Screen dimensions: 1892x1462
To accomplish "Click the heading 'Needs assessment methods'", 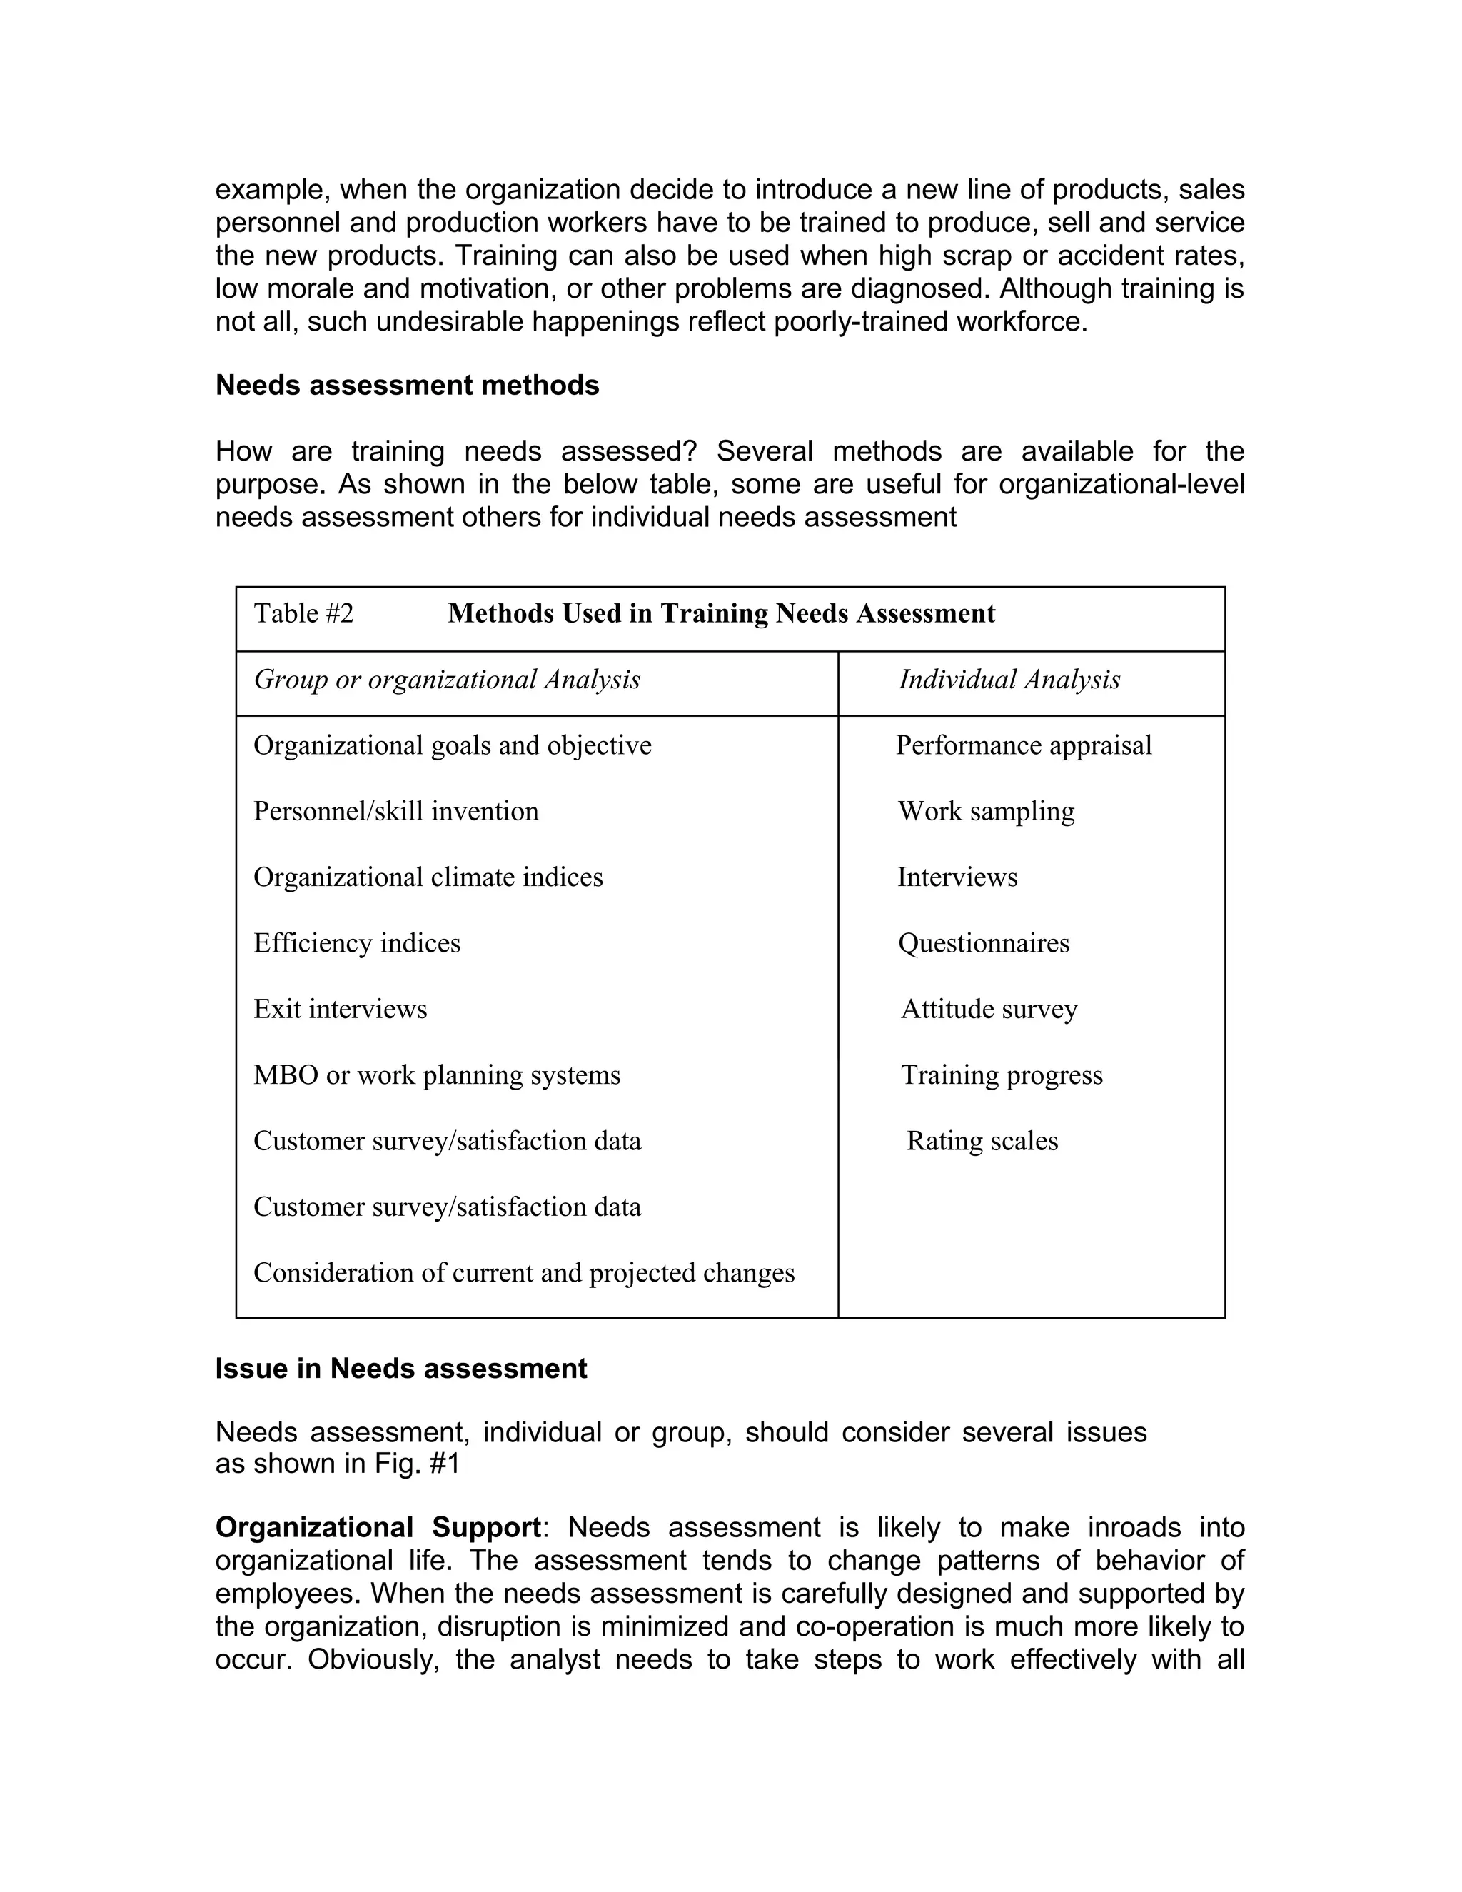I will [407, 386].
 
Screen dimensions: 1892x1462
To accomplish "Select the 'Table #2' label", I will [303, 614].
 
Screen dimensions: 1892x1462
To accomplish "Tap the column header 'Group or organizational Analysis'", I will [447, 680].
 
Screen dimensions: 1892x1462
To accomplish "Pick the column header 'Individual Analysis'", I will [1009, 680].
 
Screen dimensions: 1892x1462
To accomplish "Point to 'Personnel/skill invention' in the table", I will [395, 812].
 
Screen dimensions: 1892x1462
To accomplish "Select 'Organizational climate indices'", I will [428, 877].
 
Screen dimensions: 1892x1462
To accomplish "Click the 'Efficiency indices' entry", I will [357, 943].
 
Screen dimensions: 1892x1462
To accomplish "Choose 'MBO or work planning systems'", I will [436, 1075].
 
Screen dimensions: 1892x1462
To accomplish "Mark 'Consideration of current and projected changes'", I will [524, 1272].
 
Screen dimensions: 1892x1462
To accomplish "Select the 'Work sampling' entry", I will [986, 812].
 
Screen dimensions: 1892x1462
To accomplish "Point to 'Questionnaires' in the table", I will [983, 943].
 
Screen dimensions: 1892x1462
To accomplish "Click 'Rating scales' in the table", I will [982, 1141].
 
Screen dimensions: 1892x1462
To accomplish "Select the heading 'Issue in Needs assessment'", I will [401, 1369].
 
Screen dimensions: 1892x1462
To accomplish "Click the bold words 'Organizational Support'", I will [378, 1526].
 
